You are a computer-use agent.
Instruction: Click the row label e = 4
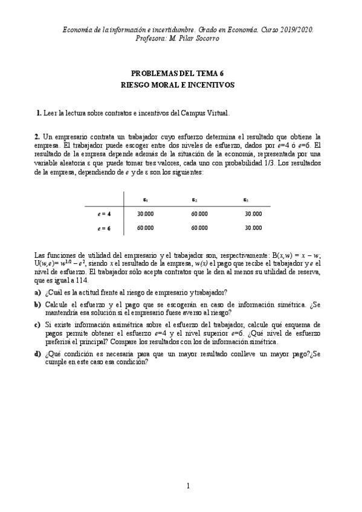coord(104,213)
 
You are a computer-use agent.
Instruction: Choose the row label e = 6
coord(104,228)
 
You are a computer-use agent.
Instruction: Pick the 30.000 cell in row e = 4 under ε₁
coord(146,213)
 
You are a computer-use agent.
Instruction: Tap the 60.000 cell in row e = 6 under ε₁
coord(146,228)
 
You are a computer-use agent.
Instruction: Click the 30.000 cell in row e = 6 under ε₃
coord(253,228)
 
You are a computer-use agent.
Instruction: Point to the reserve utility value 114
coord(81,281)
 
